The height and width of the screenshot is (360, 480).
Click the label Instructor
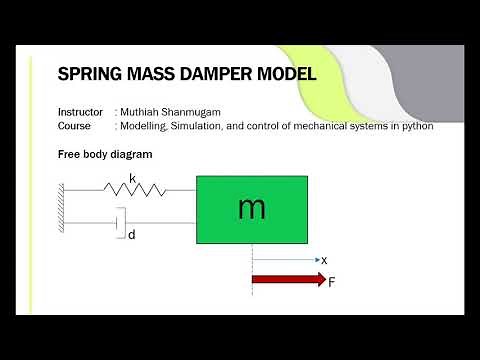[x=80, y=112]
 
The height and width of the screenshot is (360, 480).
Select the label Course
[x=75, y=126]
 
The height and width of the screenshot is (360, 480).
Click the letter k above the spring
[x=132, y=178]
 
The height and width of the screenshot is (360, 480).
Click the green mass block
[x=252, y=209]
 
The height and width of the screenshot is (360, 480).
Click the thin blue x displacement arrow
[x=284, y=260]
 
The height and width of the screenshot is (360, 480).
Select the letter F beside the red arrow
[x=332, y=282]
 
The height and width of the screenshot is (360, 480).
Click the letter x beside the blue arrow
[x=324, y=260]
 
